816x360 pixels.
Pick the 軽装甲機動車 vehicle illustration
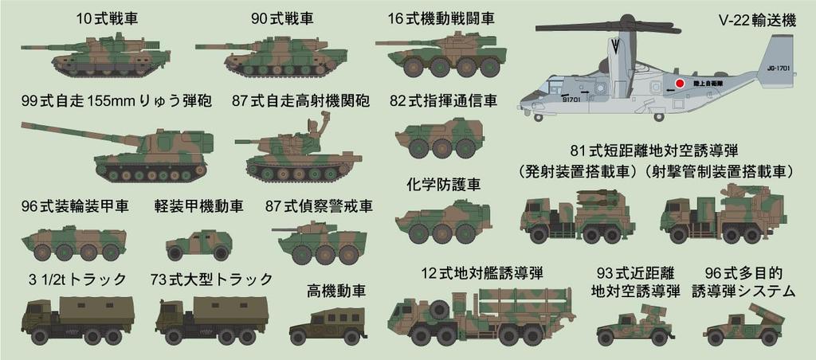pyautogui.click(x=198, y=244)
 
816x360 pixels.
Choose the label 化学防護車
pyautogui.click(x=443, y=185)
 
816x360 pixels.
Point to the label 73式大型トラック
pyautogui.click(x=211, y=280)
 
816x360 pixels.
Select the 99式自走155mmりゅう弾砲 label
pyautogui.click(x=116, y=102)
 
